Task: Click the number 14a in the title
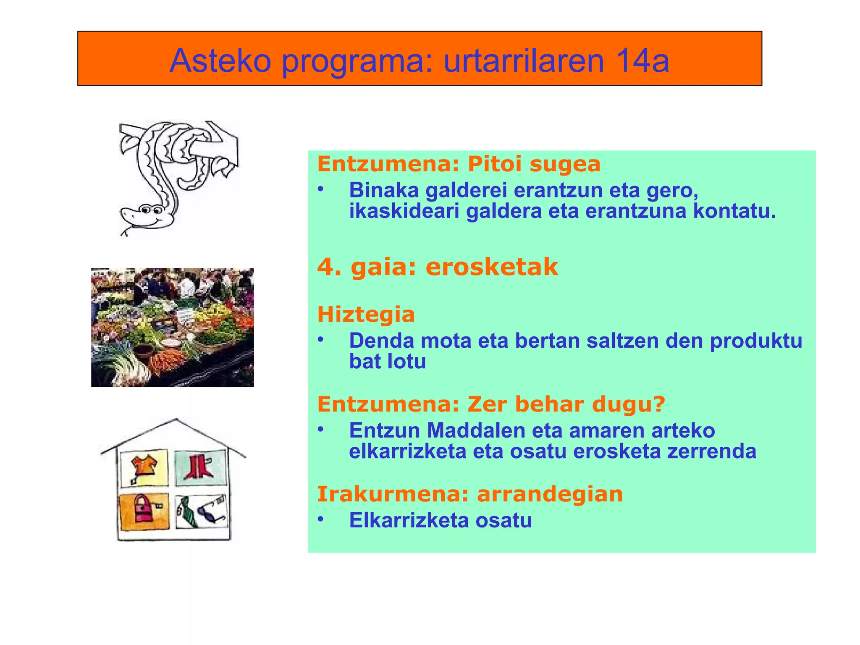click(x=642, y=61)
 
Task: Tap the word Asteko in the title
click(x=220, y=61)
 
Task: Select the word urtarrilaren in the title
click(x=524, y=61)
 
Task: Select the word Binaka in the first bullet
click(x=384, y=190)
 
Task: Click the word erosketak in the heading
click(x=492, y=267)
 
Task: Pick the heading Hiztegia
click(x=366, y=315)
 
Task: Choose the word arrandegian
click(x=550, y=494)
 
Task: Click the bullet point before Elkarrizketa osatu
click(x=321, y=519)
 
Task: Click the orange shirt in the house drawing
click(x=144, y=465)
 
